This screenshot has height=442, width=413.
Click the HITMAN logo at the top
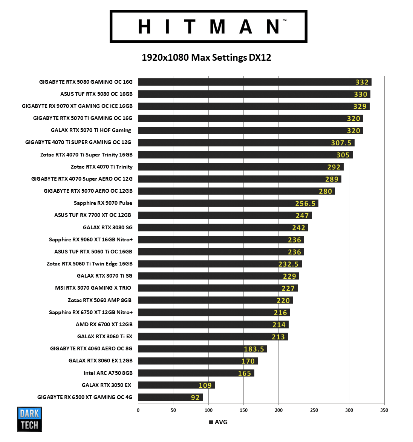[208, 26]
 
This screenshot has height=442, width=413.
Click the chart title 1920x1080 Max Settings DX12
[206, 58]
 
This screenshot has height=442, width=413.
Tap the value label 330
[360, 94]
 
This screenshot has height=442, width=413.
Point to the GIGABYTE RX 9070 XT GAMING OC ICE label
[77, 106]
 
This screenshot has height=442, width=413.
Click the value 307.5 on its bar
[341, 143]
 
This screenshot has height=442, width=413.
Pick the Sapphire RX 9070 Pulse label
[103, 203]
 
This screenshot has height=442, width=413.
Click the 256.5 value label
[305, 203]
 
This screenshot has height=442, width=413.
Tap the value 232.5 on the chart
[288, 264]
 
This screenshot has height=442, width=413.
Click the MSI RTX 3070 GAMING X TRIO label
[93, 288]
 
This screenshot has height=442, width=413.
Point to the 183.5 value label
[254, 349]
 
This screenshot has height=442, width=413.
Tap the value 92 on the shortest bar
[195, 397]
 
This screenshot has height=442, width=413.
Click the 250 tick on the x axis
[314, 410]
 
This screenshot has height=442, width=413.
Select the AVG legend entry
[219, 422]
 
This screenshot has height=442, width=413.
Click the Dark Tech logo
[29, 419]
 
